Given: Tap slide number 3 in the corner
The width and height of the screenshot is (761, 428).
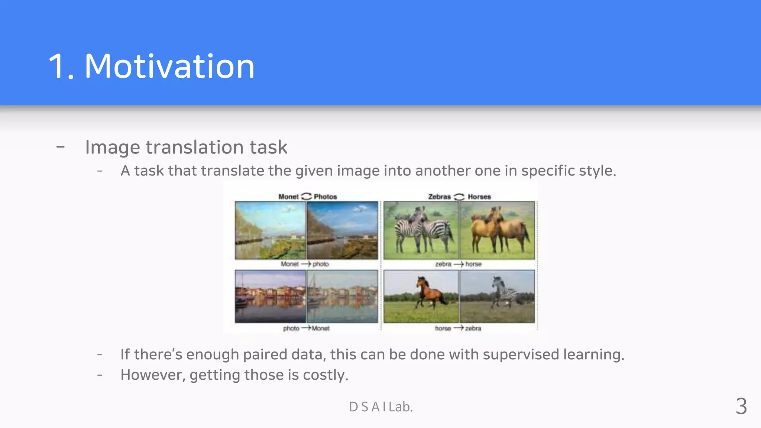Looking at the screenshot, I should (741, 406).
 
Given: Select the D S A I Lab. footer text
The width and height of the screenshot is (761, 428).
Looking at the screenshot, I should (381, 407).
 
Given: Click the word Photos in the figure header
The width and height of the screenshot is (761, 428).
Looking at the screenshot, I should (325, 197).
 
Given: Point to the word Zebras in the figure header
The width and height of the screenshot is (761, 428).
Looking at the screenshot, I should (439, 197).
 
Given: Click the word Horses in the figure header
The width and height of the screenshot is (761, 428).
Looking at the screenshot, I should (479, 197).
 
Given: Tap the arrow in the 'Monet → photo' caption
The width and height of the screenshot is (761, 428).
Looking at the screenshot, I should (306, 264).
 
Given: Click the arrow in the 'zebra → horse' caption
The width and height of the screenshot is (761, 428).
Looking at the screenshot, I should (459, 264).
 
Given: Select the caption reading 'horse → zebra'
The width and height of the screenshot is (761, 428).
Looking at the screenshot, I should (458, 328).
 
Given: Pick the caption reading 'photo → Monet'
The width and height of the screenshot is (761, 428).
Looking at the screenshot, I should (306, 328).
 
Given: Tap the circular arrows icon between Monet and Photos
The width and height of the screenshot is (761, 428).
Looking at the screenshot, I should (306, 196).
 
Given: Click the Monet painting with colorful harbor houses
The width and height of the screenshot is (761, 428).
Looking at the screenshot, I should (342, 296).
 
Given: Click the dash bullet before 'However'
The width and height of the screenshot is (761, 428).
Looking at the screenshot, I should (100, 375).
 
